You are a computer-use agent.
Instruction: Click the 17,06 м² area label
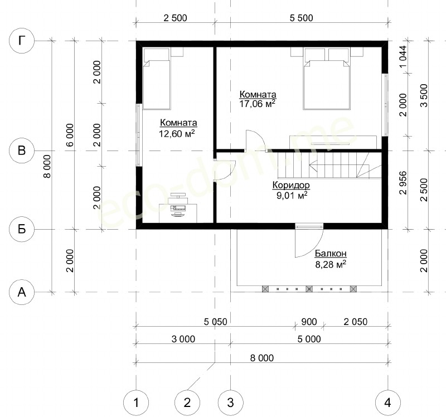[x=258, y=104]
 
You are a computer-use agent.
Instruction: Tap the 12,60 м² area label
[x=177, y=133]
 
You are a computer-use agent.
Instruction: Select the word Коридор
[x=291, y=185]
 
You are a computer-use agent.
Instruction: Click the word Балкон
[x=331, y=253]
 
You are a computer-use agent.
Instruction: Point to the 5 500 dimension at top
[x=301, y=18]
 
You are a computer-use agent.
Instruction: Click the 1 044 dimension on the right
[x=403, y=57]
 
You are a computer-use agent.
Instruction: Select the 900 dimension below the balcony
[x=309, y=322]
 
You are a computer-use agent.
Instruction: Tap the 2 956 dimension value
[x=403, y=183]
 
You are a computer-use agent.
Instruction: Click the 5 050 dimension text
[x=216, y=322]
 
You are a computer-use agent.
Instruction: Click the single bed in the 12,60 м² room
[x=157, y=79]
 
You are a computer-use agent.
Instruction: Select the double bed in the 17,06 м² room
[x=327, y=79]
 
